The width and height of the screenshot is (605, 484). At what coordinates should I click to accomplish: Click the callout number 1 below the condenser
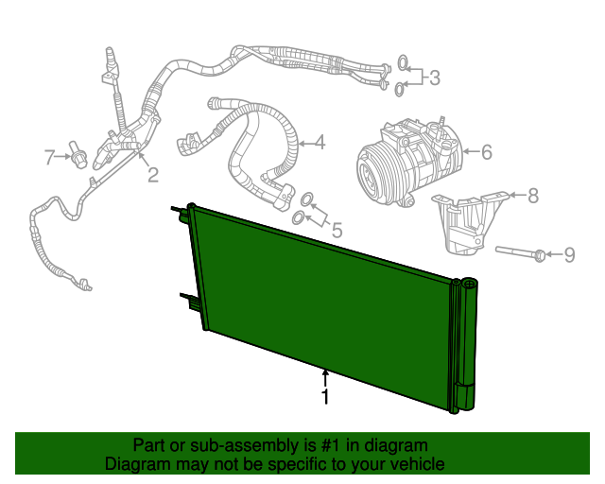(325, 398)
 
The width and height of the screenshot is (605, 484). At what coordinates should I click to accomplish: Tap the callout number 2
(151, 174)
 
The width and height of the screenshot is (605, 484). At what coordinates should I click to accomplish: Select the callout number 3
(434, 78)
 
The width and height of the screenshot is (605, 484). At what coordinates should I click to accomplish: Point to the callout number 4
(320, 143)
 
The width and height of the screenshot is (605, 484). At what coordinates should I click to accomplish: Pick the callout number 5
(335, 228)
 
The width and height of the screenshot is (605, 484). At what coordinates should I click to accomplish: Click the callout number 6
(487, 150)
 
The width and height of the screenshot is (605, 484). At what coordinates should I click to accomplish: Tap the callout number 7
(50, 157)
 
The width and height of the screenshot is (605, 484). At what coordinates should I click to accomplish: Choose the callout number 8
(532, 196)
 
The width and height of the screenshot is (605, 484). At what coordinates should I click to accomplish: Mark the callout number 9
(569, 253)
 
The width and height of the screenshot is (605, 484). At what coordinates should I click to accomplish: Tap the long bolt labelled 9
(520, 252)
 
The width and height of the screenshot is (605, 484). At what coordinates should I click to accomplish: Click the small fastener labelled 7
(78, 157)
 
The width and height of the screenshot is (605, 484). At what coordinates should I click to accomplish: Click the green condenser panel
(321, 302)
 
